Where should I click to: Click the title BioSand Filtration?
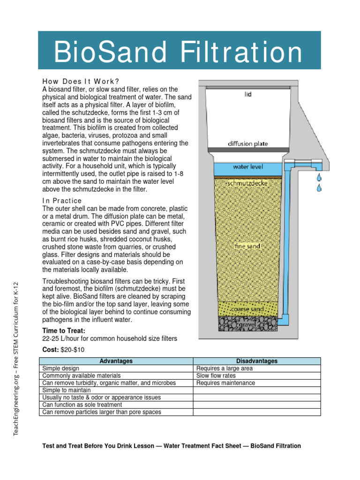click(179, 52)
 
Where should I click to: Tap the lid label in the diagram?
click(248, 94)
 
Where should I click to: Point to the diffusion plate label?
click(248, 143)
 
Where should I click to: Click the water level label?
click(248, 167)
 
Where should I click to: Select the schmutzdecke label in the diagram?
click(247, 184)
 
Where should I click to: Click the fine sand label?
click(248, 246)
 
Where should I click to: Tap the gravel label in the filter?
click(247, 324)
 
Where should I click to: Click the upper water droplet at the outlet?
click(319, 178)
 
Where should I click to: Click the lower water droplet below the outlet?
click(319, 188)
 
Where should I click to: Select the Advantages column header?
click(116, 361)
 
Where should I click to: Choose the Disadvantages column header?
click(257, 361)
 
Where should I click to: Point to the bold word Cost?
click(50, 350)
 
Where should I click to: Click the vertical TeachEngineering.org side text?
click(16, 359)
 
